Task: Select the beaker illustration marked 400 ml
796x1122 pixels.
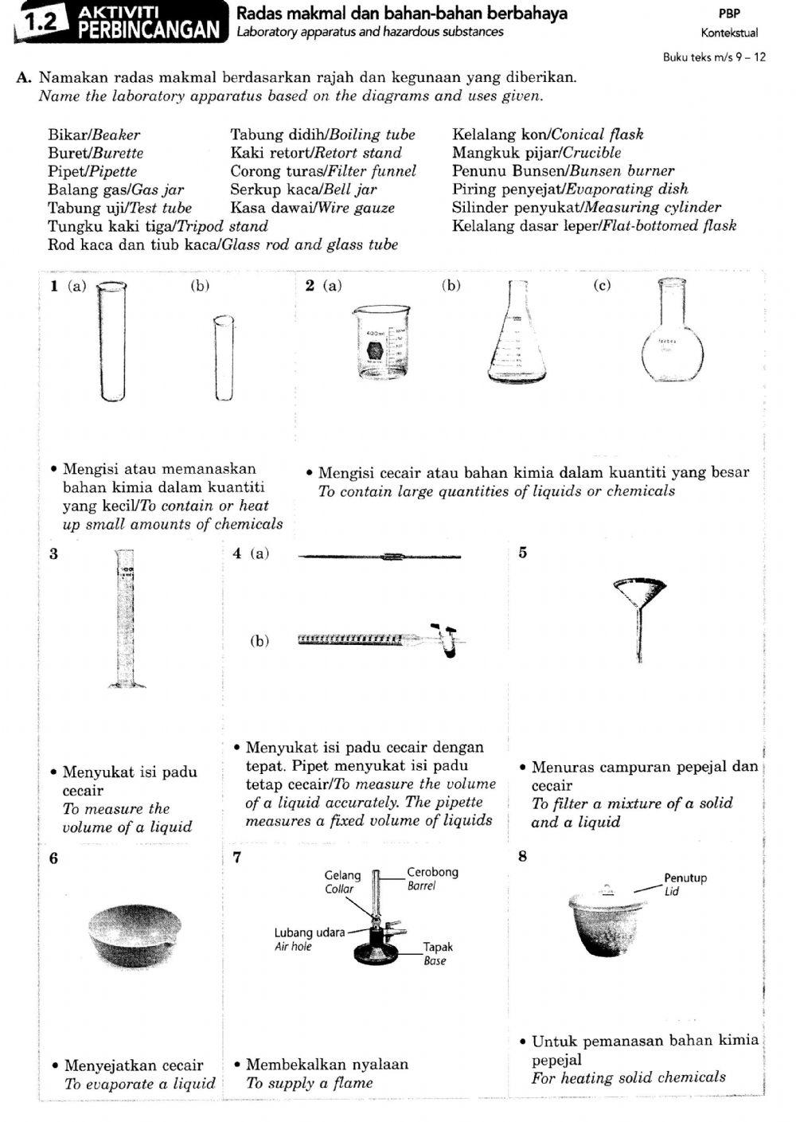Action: click(x=380, y=342)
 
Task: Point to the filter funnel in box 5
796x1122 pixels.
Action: click(x=638, y=605)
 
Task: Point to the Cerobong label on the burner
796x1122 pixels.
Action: click(x=432, y=872)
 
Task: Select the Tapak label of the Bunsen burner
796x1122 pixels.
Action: click(x=438, y=947)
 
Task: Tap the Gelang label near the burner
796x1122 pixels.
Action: click(x=342, y=875)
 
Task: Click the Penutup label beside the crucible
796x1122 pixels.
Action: click(x=685, y=878)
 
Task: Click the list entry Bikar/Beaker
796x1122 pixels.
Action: click(x=93, y=135)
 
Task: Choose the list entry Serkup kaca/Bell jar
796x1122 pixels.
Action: click(x=303, y=190)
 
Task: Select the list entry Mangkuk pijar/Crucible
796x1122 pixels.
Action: click(x=536, y=153)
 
